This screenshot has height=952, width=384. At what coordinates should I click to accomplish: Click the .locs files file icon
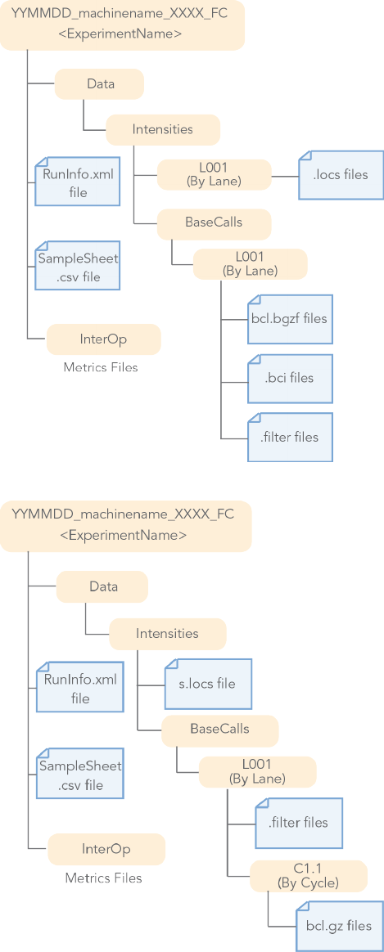341,175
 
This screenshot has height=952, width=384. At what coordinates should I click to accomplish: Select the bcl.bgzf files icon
291,318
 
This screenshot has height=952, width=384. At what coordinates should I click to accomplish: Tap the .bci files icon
291,378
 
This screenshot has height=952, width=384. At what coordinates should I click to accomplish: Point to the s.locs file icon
208,684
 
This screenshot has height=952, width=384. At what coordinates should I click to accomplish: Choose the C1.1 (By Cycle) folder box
309,875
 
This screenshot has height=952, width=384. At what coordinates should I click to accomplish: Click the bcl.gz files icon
340,927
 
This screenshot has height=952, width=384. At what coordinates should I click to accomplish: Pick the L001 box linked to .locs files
215,175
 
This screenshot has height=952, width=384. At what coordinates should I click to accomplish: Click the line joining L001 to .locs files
285,176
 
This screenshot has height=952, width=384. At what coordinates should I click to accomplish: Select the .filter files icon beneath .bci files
291,437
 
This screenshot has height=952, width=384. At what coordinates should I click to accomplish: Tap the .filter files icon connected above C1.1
299,823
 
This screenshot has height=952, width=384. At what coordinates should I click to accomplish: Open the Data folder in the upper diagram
100,84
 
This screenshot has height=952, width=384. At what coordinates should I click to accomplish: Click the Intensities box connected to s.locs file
168,634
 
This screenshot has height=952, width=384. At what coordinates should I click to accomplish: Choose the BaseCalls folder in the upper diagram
214,222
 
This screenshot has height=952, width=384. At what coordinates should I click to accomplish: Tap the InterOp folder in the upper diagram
104,339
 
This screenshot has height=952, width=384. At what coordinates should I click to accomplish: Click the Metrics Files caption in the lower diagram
103,878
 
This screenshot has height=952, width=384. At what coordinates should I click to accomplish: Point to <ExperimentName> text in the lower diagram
124,535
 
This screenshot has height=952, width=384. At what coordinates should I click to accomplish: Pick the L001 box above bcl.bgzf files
251,264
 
